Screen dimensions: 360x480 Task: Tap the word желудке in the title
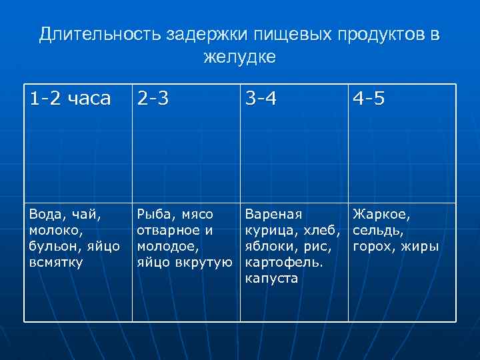point(239,57)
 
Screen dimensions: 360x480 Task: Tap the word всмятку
point(55,263)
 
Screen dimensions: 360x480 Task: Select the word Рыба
point(153,215)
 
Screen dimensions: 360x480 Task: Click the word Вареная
point(273,215)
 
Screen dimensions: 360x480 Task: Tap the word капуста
point(271,279)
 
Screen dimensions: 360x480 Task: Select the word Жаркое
point(382,215)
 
